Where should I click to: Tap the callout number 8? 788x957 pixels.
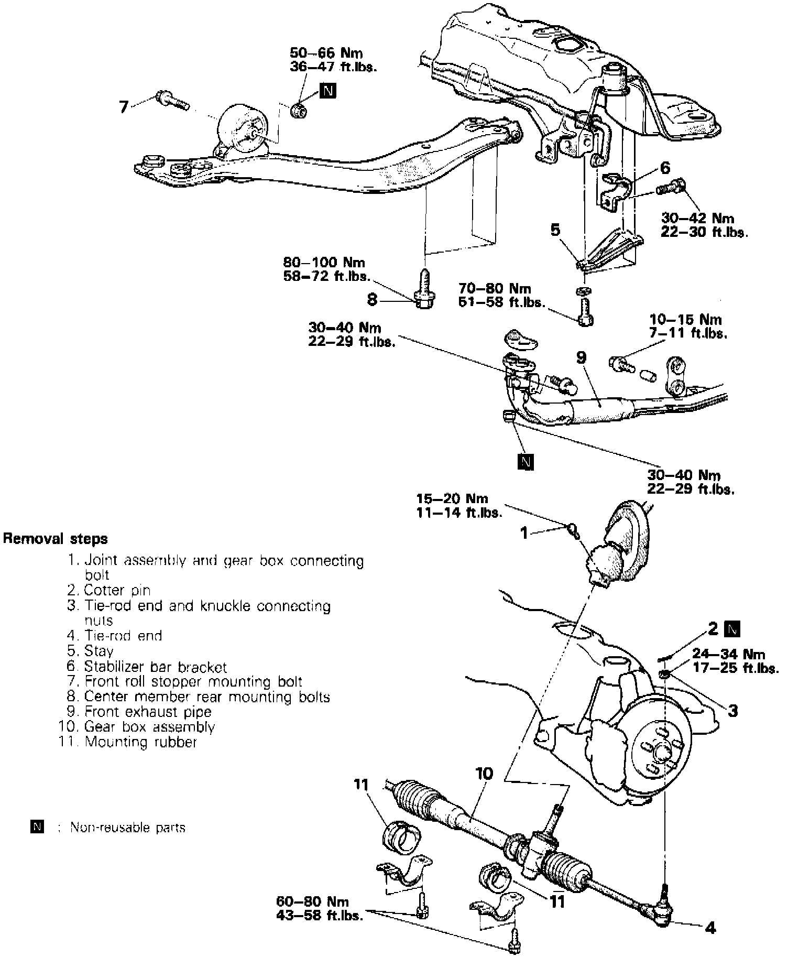pos(373,300)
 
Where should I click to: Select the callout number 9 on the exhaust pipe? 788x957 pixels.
pos(581,357)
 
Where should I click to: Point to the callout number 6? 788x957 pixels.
pos(665,168)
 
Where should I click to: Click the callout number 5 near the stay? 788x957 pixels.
pos(555,230)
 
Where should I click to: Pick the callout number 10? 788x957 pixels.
pos(485,774)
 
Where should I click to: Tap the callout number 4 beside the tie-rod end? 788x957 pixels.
pos(710,928)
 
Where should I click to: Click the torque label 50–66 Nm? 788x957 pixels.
pos(326,53)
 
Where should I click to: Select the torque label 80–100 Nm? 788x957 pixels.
pos(324,262)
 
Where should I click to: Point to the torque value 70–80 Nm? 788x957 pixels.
pos(495,289)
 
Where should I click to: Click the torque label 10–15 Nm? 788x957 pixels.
pos(686,320)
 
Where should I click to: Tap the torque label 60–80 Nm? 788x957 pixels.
pos(313,901)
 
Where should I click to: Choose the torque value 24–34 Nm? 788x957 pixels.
pos(729,654)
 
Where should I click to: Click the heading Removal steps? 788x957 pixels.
pos(56,539)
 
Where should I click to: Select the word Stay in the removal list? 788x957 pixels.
pos(99,651)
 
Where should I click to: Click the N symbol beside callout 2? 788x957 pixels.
pos(732,629)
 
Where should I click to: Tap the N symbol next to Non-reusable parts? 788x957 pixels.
pos(37,828)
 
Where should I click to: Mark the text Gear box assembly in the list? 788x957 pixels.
pos(150,727)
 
